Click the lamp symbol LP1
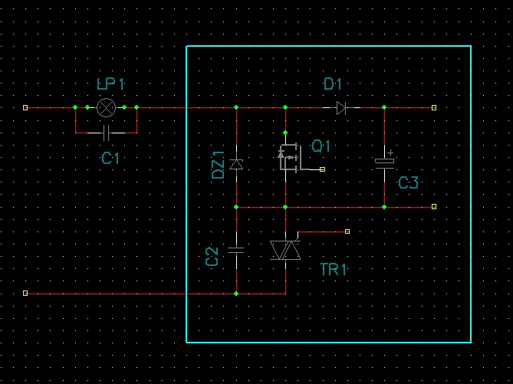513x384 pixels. pos(107,107)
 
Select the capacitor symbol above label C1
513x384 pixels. pos(106,133)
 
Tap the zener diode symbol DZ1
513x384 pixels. pos(236,164)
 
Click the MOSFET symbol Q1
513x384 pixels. pos(290,158)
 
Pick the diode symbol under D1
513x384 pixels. pos(341,107)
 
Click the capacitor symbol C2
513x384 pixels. pos(236,251)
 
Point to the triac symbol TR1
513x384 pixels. pos(285,250)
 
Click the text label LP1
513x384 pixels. pos(110,84)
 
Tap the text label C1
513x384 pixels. pos(110,159)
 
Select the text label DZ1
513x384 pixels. pos(219,166)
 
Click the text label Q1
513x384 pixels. pos(321,146)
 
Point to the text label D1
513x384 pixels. pos(333,84)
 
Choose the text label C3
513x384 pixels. pos(408,182)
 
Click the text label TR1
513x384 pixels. pos(333,270)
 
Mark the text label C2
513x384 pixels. pos(212,257)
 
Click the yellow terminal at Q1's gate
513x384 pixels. pos(322,169)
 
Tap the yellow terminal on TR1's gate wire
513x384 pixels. pos(347,231)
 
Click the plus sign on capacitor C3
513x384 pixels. pos(390,153)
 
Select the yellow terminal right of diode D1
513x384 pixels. pos(434,107)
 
